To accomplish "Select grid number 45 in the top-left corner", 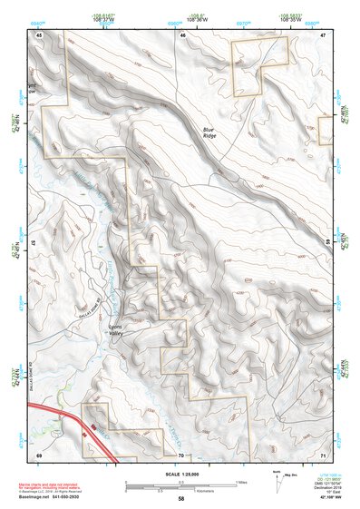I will click(x=39, y=34).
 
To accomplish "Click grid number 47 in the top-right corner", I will click(x=323, y=34).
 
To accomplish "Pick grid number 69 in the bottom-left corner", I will click(x=39, y=454).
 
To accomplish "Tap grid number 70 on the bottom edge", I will click(x=181, y=454).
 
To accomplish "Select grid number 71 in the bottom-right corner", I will click(x=323, y=454).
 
